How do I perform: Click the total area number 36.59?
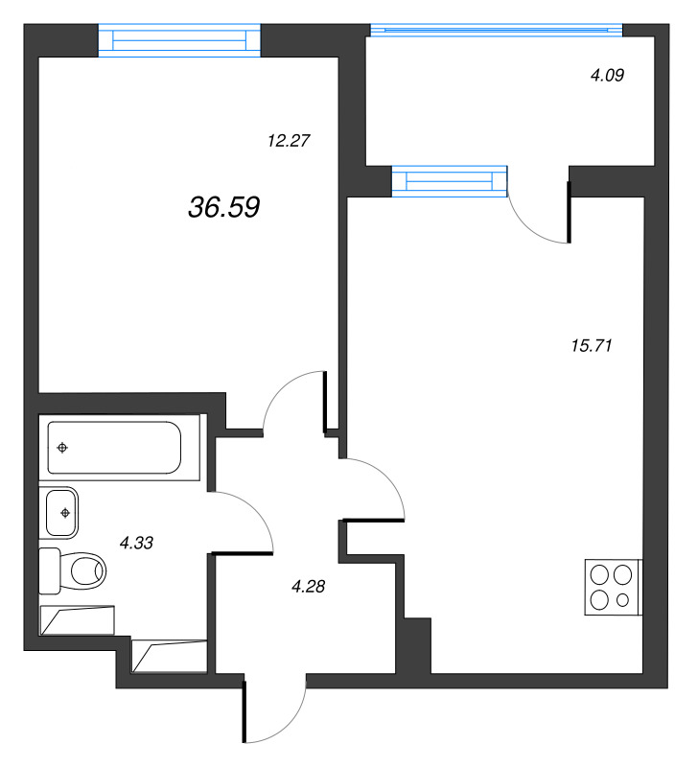(x=225, y=207)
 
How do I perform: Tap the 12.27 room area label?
(x=289, y=140)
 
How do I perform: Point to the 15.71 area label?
(x=591, y=345)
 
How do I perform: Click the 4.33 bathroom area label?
(x=137, y=543)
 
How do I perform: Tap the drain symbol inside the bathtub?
(x=62, y=448)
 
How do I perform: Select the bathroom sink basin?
(x=63, y=513)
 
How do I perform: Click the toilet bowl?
(x=86, y=572)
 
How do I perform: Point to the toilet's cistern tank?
(x=49, y=572)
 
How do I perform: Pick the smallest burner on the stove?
(x=623, y=601)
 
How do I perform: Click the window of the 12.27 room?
(x=180, y=40)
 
